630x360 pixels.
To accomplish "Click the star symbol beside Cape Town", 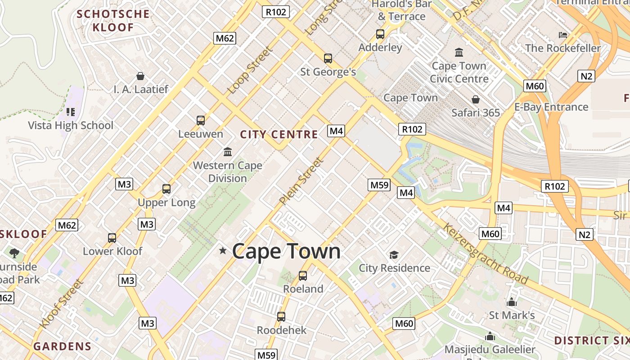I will (223, 250).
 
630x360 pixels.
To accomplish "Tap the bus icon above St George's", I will (328, 58).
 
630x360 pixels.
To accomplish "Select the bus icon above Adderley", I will (380, 34).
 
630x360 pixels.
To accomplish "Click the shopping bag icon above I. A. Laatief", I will (140, 76).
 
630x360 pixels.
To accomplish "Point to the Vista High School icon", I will (70, 112).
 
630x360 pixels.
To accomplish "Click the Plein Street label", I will (301, 180).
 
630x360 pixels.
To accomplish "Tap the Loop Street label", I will (250, 71).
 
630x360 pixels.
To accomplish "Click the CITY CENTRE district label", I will (279, 134).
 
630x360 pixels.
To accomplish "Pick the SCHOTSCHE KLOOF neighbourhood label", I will (113, 20).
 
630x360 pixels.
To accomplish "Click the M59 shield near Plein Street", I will (379, 184).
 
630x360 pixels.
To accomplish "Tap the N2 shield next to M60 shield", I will (586, 76).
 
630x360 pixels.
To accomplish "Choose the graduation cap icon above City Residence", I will (394, 255).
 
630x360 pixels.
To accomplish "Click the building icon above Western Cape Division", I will (228, 152).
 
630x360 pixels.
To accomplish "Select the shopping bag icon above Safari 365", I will (476, 99).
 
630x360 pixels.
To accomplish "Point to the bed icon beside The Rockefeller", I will (562, 35).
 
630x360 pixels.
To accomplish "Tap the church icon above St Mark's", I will (512, 302).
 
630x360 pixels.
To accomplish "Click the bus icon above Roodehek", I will (281, 317).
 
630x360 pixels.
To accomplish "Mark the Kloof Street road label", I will (61, 304).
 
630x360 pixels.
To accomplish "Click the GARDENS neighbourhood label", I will (63, 346).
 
